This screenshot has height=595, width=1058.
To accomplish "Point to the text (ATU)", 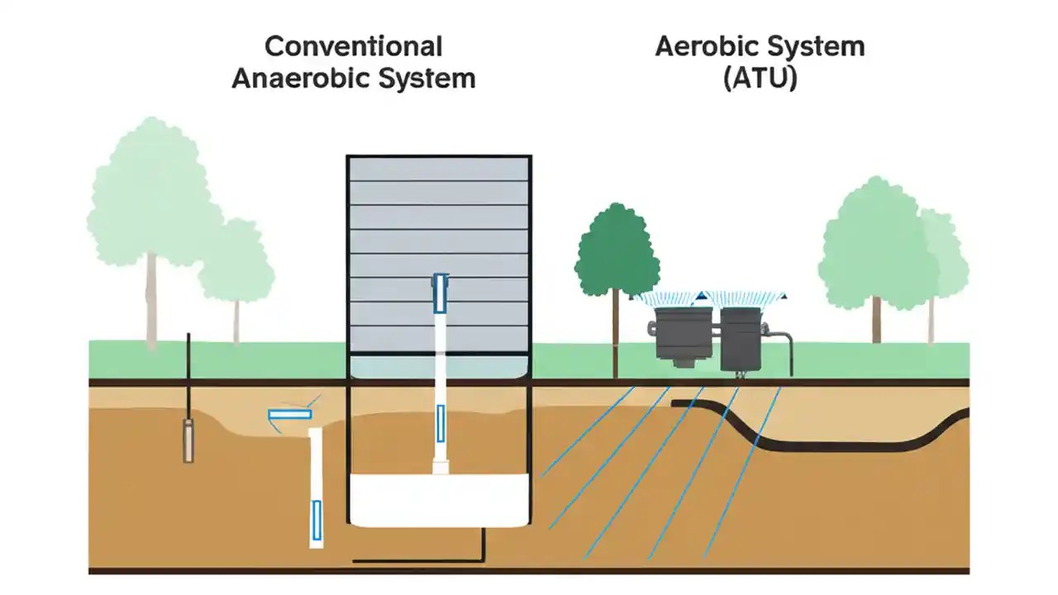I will point(760,79).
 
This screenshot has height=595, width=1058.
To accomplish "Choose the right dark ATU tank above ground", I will point(740,339).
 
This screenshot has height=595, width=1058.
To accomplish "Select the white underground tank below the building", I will point(438,499).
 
